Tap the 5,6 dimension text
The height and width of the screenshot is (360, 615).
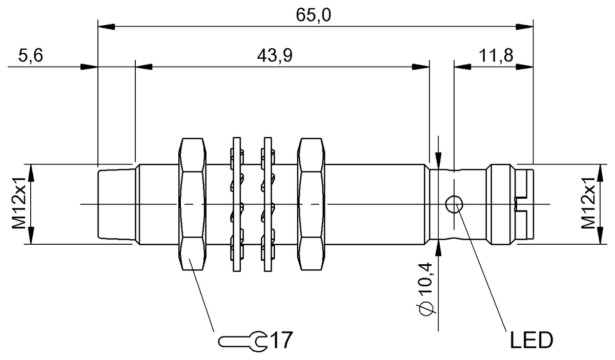coord(30,55)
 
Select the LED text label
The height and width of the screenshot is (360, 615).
coord(530,339)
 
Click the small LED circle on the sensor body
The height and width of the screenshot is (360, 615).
coord(453,204)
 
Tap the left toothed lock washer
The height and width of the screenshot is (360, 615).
coord(237,204)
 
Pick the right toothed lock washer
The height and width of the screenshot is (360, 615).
coord(266,204)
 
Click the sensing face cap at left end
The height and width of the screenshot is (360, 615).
coord(115,204)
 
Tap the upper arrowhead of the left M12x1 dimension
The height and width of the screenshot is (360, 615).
coord(31,172)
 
